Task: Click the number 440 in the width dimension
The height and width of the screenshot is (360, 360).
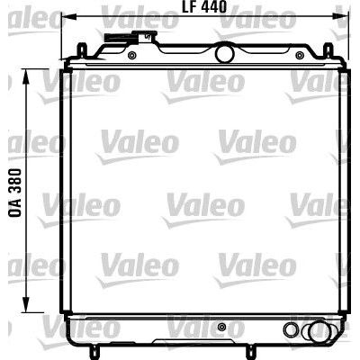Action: click(213, 6)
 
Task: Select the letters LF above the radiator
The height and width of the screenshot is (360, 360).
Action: click(189, 6)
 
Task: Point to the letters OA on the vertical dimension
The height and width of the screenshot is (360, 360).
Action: click(15, 208)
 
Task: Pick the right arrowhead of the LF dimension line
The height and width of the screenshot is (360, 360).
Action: click(342, 16)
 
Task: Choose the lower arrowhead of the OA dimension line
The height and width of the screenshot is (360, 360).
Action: click(26, 304)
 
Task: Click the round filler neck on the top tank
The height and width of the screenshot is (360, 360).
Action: click(224, 53)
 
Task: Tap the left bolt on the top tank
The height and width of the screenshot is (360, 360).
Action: click(131, 55)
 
